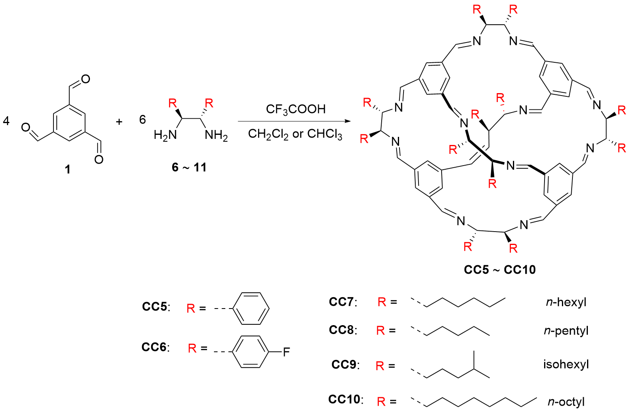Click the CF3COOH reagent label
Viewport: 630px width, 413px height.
click(x=295, y=109)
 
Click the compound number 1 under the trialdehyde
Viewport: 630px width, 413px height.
click(x=68, y=169)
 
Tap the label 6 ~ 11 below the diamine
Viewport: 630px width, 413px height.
click(x=189, y=167)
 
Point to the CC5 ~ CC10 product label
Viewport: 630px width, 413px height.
click(x=500, y=270)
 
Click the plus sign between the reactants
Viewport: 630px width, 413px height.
click(x=119, y=121)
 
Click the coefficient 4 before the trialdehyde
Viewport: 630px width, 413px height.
click(x=6, y=120)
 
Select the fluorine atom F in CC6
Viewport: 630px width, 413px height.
click(x=286, y=352)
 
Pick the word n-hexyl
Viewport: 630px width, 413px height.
click(x=566, y=302)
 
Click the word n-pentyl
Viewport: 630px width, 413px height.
click(x=566, y=331)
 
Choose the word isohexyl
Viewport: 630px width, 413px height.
click(x=566, y=364)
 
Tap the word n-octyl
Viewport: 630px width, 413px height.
click(x=566, y=402)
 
